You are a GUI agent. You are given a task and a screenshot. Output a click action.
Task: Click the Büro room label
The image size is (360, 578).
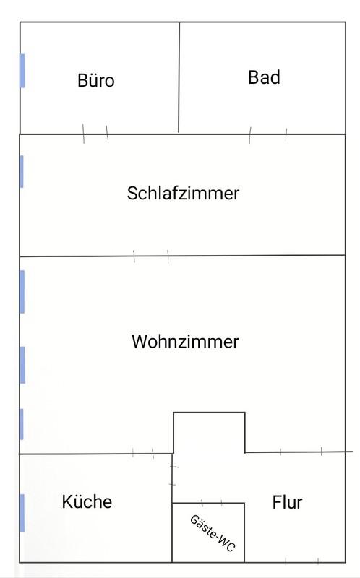point(96,80)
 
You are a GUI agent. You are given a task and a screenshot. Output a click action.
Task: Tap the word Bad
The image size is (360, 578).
point(264,77)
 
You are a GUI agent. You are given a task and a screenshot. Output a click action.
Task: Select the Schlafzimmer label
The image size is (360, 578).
point(184,193)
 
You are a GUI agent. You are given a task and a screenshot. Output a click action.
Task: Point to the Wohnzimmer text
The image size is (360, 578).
point(185,341)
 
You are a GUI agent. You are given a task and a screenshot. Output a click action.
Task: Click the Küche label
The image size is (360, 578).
point(87,501)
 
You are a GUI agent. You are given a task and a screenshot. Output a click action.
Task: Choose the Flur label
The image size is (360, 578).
point(287,502)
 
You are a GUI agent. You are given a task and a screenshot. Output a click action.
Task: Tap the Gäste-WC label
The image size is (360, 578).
point(213,533)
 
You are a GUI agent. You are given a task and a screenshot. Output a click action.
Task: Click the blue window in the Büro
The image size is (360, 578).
point(22,71)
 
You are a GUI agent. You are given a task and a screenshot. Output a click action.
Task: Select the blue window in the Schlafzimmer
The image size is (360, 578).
point(22,171)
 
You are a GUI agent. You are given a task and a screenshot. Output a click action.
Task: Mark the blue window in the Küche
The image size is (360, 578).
point(22,513)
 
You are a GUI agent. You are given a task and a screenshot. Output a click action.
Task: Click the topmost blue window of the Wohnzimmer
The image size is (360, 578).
point(22,292)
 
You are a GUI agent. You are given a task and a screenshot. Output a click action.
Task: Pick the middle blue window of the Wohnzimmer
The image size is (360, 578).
point(22,365)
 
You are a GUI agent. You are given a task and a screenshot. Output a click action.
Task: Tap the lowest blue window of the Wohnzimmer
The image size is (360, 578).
point(22,424)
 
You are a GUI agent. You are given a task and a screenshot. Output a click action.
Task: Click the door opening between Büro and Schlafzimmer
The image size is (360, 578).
point(95,134)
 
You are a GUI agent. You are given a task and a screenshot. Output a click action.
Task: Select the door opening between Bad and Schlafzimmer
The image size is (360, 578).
point(267,135)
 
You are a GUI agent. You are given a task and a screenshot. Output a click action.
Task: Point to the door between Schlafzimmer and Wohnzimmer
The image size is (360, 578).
point(151,256)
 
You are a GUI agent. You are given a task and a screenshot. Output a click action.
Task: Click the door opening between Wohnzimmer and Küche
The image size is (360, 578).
point(143,454)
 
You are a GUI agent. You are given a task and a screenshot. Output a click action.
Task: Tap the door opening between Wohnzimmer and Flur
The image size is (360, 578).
point(301,451)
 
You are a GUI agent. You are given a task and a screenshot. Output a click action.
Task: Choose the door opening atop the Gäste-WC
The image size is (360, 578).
point(212,503)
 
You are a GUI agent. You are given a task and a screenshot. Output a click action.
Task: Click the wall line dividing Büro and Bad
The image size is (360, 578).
point(179,77)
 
